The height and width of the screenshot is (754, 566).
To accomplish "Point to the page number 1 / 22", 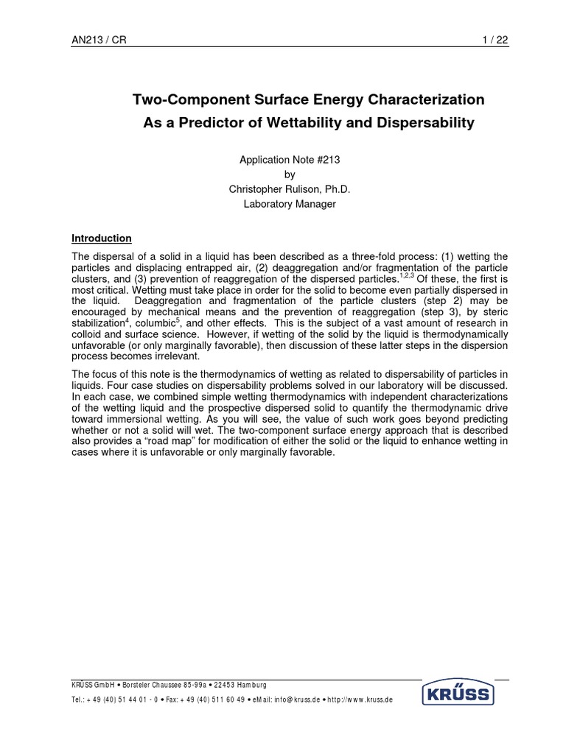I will tap(494, 41).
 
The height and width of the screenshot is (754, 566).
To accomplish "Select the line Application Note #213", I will tap(290, 160).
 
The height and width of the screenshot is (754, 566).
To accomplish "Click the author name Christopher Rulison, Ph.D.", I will tap(290, 189).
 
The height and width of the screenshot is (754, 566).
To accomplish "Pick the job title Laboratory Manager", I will tap(290, 204).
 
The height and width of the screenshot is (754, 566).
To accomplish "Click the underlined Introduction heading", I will tap(101, 239).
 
